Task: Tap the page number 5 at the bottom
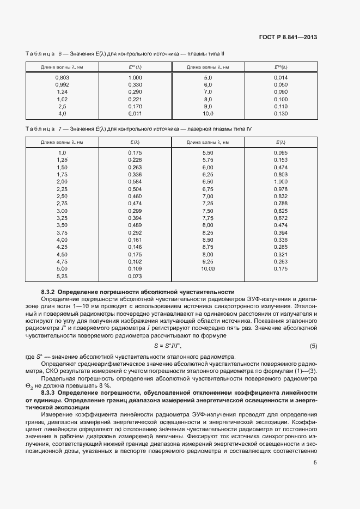315,463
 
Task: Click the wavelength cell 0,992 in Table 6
62,85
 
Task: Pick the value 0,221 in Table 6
135,100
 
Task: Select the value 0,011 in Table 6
135,114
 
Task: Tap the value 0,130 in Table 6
280,114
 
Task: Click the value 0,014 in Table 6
280,78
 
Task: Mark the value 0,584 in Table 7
135,181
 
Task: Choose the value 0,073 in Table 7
135,276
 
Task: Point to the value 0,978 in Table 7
280,188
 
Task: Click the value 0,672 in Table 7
280,218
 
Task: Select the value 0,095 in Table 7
280,152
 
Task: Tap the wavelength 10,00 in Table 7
208,269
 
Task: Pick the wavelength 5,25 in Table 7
62,276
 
